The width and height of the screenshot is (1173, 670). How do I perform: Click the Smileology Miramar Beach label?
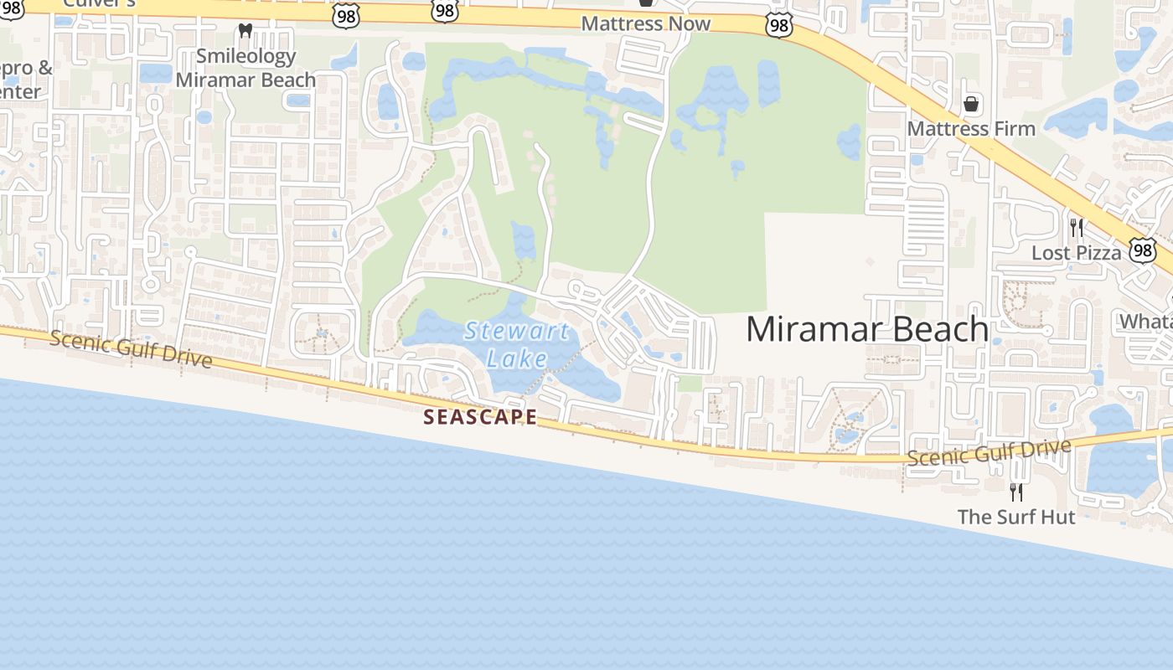click(245, 68)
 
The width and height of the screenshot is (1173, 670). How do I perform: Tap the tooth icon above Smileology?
click(245, 31)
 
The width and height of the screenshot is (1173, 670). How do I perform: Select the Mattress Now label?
click(645, 23)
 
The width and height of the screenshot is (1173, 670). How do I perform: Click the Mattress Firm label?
click(971, 129)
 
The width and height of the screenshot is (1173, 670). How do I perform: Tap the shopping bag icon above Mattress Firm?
click(971, 104)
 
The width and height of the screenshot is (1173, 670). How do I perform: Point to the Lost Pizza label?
click(1076, 253)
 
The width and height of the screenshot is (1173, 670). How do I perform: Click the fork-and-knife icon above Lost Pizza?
click(1077, 227)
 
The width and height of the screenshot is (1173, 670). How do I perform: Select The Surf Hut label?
click(1015, 517)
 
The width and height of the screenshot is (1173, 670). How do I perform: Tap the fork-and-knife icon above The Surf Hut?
click(1015, 492)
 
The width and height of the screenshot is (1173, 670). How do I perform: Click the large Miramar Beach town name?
click(867, 329)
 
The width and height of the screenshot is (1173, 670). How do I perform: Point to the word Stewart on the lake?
click(517, 331)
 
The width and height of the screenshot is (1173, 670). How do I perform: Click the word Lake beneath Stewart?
click(517, 359)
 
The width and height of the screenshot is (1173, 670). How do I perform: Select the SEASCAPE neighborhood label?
click(480, 416)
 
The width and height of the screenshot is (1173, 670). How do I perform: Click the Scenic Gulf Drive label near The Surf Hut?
click(989, 452)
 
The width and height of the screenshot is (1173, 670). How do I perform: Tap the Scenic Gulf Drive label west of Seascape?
click(130, 348)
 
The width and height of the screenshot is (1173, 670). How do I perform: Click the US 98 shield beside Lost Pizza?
click(1142, 250)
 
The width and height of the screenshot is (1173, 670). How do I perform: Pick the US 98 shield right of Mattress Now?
click(778, 26)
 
